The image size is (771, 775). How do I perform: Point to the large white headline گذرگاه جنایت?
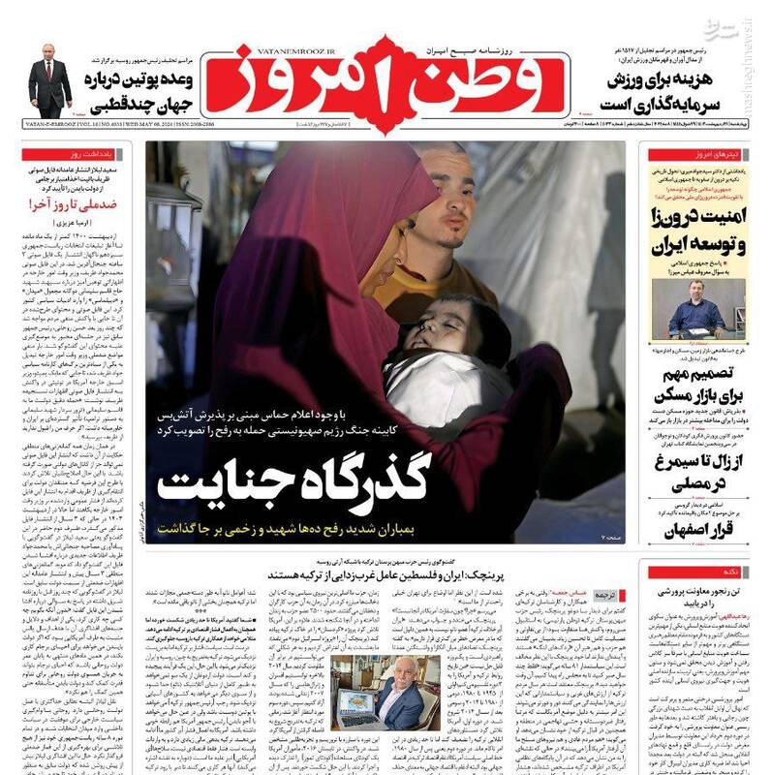(293, 481)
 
